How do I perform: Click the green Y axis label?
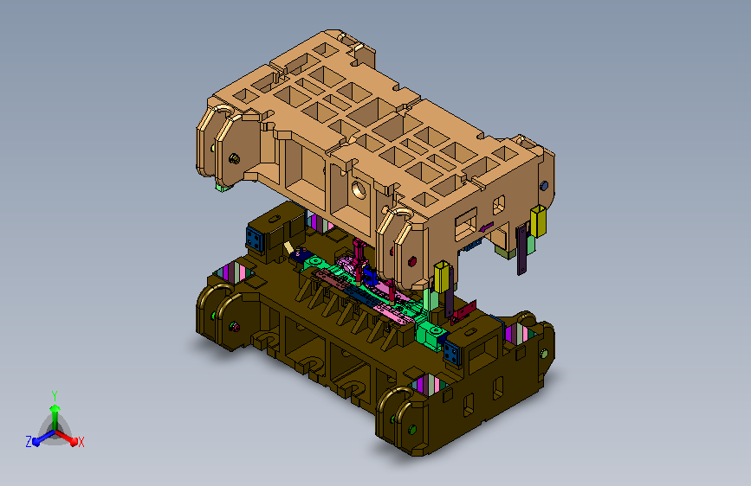point(55,396)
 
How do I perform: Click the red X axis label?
point(81,442)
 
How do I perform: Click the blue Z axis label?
point(29,442)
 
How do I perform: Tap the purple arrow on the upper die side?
point(486,227)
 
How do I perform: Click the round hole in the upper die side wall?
point(359,190)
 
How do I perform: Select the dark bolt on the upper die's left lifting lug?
point(234,158)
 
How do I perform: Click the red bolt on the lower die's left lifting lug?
point(234,327)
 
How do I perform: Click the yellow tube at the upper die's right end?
point(538,221)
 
